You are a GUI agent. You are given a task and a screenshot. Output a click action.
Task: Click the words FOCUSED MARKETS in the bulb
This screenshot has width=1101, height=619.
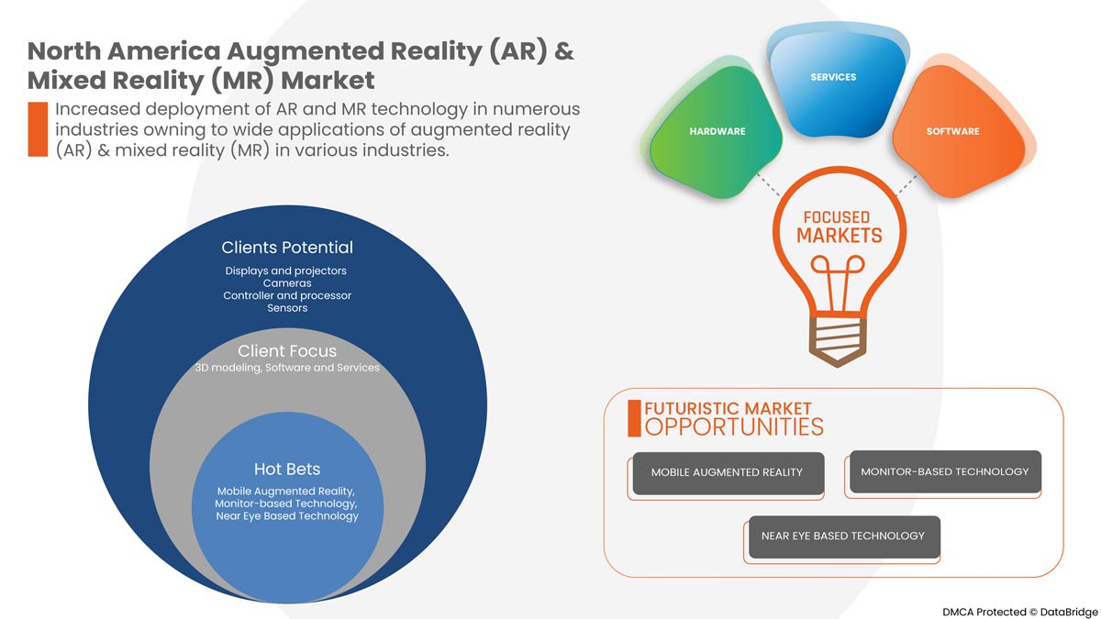[836, 227]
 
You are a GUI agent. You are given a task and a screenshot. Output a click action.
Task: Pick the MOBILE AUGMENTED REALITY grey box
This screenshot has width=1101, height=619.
[727, 472]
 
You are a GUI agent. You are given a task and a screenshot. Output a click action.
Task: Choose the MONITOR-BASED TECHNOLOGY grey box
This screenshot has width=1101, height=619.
[945, 471]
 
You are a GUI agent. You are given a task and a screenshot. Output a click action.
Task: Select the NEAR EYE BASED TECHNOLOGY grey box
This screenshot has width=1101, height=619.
[843, 536]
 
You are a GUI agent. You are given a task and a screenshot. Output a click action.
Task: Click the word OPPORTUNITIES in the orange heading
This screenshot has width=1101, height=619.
[734, 426]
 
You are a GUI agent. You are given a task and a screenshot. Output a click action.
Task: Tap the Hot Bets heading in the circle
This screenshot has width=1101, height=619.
[287, 470]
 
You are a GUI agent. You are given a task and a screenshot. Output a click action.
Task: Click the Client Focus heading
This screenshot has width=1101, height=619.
[287, 351]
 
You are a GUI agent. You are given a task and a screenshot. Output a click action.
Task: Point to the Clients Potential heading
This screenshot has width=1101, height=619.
[287, 248]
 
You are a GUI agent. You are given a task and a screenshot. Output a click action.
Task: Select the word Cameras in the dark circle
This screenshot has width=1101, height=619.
[287, 283]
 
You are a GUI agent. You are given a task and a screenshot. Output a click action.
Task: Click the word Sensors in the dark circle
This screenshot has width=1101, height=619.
[287, 308]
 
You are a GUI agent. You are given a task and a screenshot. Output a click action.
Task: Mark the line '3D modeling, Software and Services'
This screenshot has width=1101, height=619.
[287, 368]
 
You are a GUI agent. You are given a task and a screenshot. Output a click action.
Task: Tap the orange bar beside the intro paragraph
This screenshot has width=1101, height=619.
[38, 129]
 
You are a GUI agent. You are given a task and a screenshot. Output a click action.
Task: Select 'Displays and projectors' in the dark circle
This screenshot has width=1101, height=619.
[287, 271]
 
